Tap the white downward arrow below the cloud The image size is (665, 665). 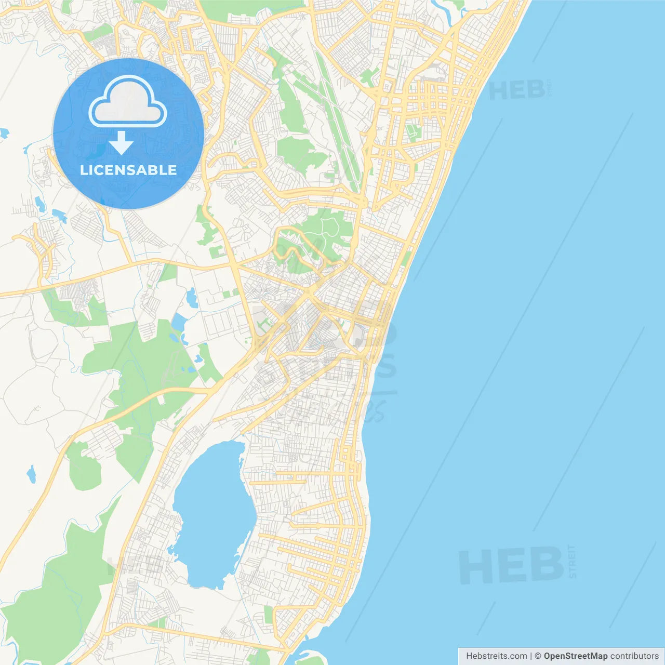pyautogui.click(x=121, y=143)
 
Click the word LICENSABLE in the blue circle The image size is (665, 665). pyautogui.click(x=128, y=170)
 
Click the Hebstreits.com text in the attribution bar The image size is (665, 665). pyautogui.click(x=496, y=656)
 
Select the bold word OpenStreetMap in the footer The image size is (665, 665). pyautogui.click(x=575, y=656)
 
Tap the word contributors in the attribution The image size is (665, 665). pyautogui.click(x=634, y=656)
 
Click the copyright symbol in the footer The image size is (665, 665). pyautogui.click(x=538, y=656)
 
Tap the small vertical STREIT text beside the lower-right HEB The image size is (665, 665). pyautogui.click(x=572, y=562)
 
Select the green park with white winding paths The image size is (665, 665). pyautogui.click(x=325, y=229)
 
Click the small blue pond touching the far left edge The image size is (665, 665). pyautogui.click(x=4, y=134)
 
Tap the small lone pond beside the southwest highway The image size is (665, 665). pyautogui.click(x=32, y=474)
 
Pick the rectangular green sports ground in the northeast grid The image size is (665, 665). pyautogui.click(x=414, y=132)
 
